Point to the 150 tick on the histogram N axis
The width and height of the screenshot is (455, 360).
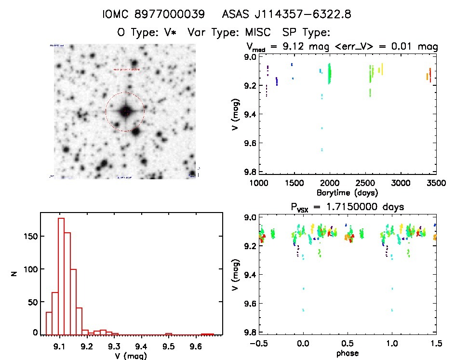31,236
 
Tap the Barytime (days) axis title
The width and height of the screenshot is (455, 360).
347,193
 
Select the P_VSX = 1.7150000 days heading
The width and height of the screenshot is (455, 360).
347,207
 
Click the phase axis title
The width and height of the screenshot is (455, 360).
348,353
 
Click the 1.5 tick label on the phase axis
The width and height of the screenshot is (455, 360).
436,343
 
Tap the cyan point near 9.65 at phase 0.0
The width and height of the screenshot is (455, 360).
303,310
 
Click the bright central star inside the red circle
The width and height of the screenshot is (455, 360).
125,112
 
